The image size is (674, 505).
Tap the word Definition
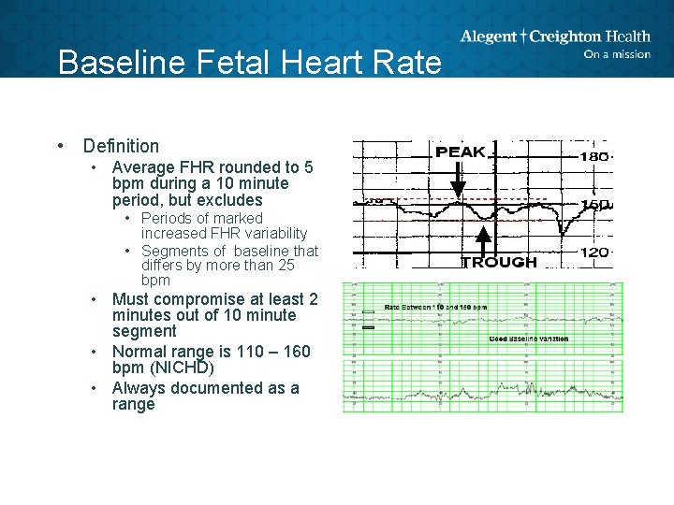tap(121, 146)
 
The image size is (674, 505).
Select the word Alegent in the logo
tap(488, 36)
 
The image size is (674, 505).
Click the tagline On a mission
tap(616, 54)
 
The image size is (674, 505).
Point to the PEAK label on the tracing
tap(461, 151)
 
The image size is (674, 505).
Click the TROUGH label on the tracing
tap(499, 262)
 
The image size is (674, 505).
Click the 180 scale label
tap(594, 156)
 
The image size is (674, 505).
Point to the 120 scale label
tap(594, 252)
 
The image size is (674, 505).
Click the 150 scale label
tap(595, 205)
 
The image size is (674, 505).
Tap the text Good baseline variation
tap(528, 339)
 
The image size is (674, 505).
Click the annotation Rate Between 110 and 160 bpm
tap(436, 307)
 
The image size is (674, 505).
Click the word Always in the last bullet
tap(139, 388)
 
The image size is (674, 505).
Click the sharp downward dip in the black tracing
tap(564, 228)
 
